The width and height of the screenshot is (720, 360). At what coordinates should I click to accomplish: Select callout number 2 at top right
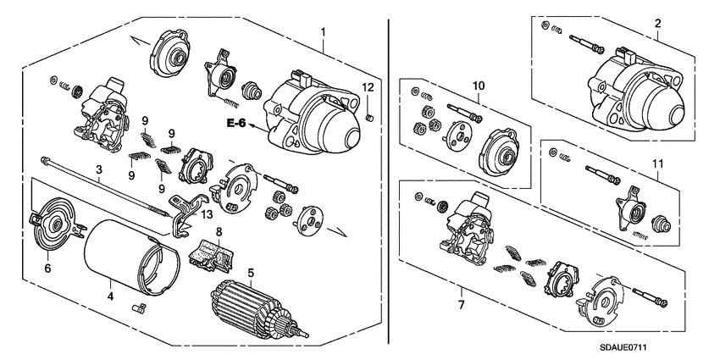pos(657,26)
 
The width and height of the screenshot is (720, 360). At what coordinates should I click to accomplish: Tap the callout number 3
pos(99,170)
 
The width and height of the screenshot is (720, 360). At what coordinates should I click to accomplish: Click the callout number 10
pos(477,86)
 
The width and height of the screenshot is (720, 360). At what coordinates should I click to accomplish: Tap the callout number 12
pos(368,88)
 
